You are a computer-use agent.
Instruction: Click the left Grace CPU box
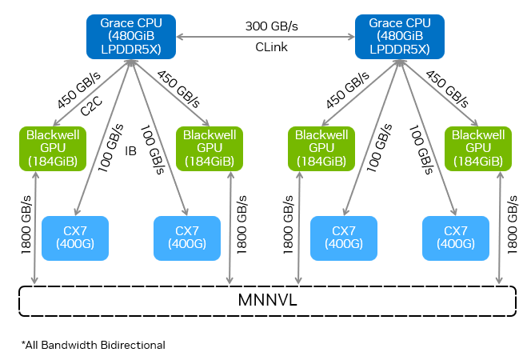[130, 37]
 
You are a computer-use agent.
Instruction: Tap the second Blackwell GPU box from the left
[209, 148]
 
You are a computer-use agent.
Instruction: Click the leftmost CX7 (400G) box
[74, 238]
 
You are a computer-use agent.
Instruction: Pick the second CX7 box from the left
[186, 238]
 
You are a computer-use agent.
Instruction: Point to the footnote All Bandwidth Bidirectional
[93, 345]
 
